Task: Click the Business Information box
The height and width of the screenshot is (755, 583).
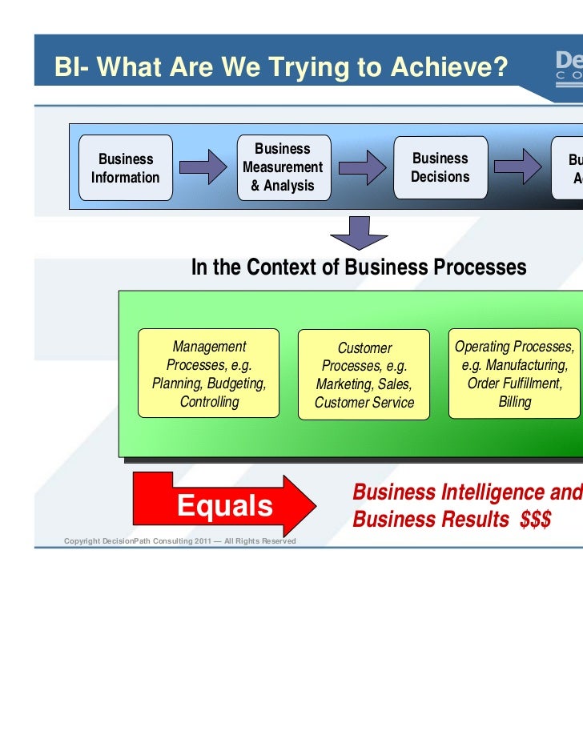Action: (x=125, y=168)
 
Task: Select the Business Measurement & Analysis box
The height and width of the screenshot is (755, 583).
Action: (x=282, y=167)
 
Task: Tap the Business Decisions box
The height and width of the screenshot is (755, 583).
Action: (x=440, y=167)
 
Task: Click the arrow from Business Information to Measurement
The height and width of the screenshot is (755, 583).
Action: (x=203, y=167)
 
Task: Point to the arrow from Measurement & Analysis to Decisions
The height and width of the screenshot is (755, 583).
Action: (x=361, y=167)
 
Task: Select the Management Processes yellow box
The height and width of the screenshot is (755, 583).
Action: (x=209, y=373)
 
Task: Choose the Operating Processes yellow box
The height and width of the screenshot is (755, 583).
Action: (x=514, y=373)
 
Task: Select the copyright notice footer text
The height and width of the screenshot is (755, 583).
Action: (x=179, y=542)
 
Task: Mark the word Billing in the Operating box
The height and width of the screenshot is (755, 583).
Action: (x=514, y=402)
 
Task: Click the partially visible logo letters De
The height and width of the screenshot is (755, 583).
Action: (x=568, y=61)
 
